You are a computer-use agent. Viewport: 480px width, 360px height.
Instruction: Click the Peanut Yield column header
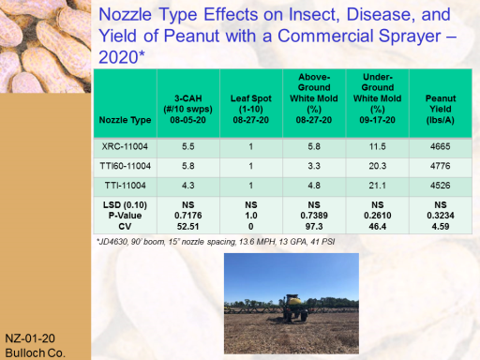click(x=441, y=109)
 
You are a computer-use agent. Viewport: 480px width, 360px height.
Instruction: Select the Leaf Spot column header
click(x=251, y=109)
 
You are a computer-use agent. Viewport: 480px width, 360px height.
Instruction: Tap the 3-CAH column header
click(x=187, y=109)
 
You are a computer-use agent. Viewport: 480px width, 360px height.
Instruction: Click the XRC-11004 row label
click(x=125, y=146)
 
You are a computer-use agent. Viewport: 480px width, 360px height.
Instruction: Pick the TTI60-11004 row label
click(x=125, y=166)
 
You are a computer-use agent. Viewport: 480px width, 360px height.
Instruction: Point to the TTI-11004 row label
click(x=125, y=186)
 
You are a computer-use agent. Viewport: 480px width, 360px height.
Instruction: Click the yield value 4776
click(x=441, y=166)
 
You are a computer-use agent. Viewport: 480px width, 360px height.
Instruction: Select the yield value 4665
click(x=441, y=146)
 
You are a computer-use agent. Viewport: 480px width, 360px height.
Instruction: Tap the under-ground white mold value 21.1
click(x=377, y=186)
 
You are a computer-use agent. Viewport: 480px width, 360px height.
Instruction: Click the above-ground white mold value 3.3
click(x=314, y=166)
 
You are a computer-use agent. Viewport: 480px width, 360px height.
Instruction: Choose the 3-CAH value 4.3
click(x=187, y=186)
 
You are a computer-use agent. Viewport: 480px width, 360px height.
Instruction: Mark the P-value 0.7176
click(x=187, y=216)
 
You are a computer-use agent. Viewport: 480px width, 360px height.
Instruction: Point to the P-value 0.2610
click(x=377, y=216)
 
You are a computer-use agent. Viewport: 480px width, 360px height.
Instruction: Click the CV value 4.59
click(x=441, y=227)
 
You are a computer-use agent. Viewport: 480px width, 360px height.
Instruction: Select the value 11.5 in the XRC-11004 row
click(x=377, y=146)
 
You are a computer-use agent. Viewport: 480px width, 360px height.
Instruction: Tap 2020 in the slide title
click(x=118, y=57)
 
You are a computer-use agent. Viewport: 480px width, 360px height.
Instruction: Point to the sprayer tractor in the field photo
click(x=292, y=307)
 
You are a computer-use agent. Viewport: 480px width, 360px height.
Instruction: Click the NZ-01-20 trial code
click(x=30, y=338)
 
